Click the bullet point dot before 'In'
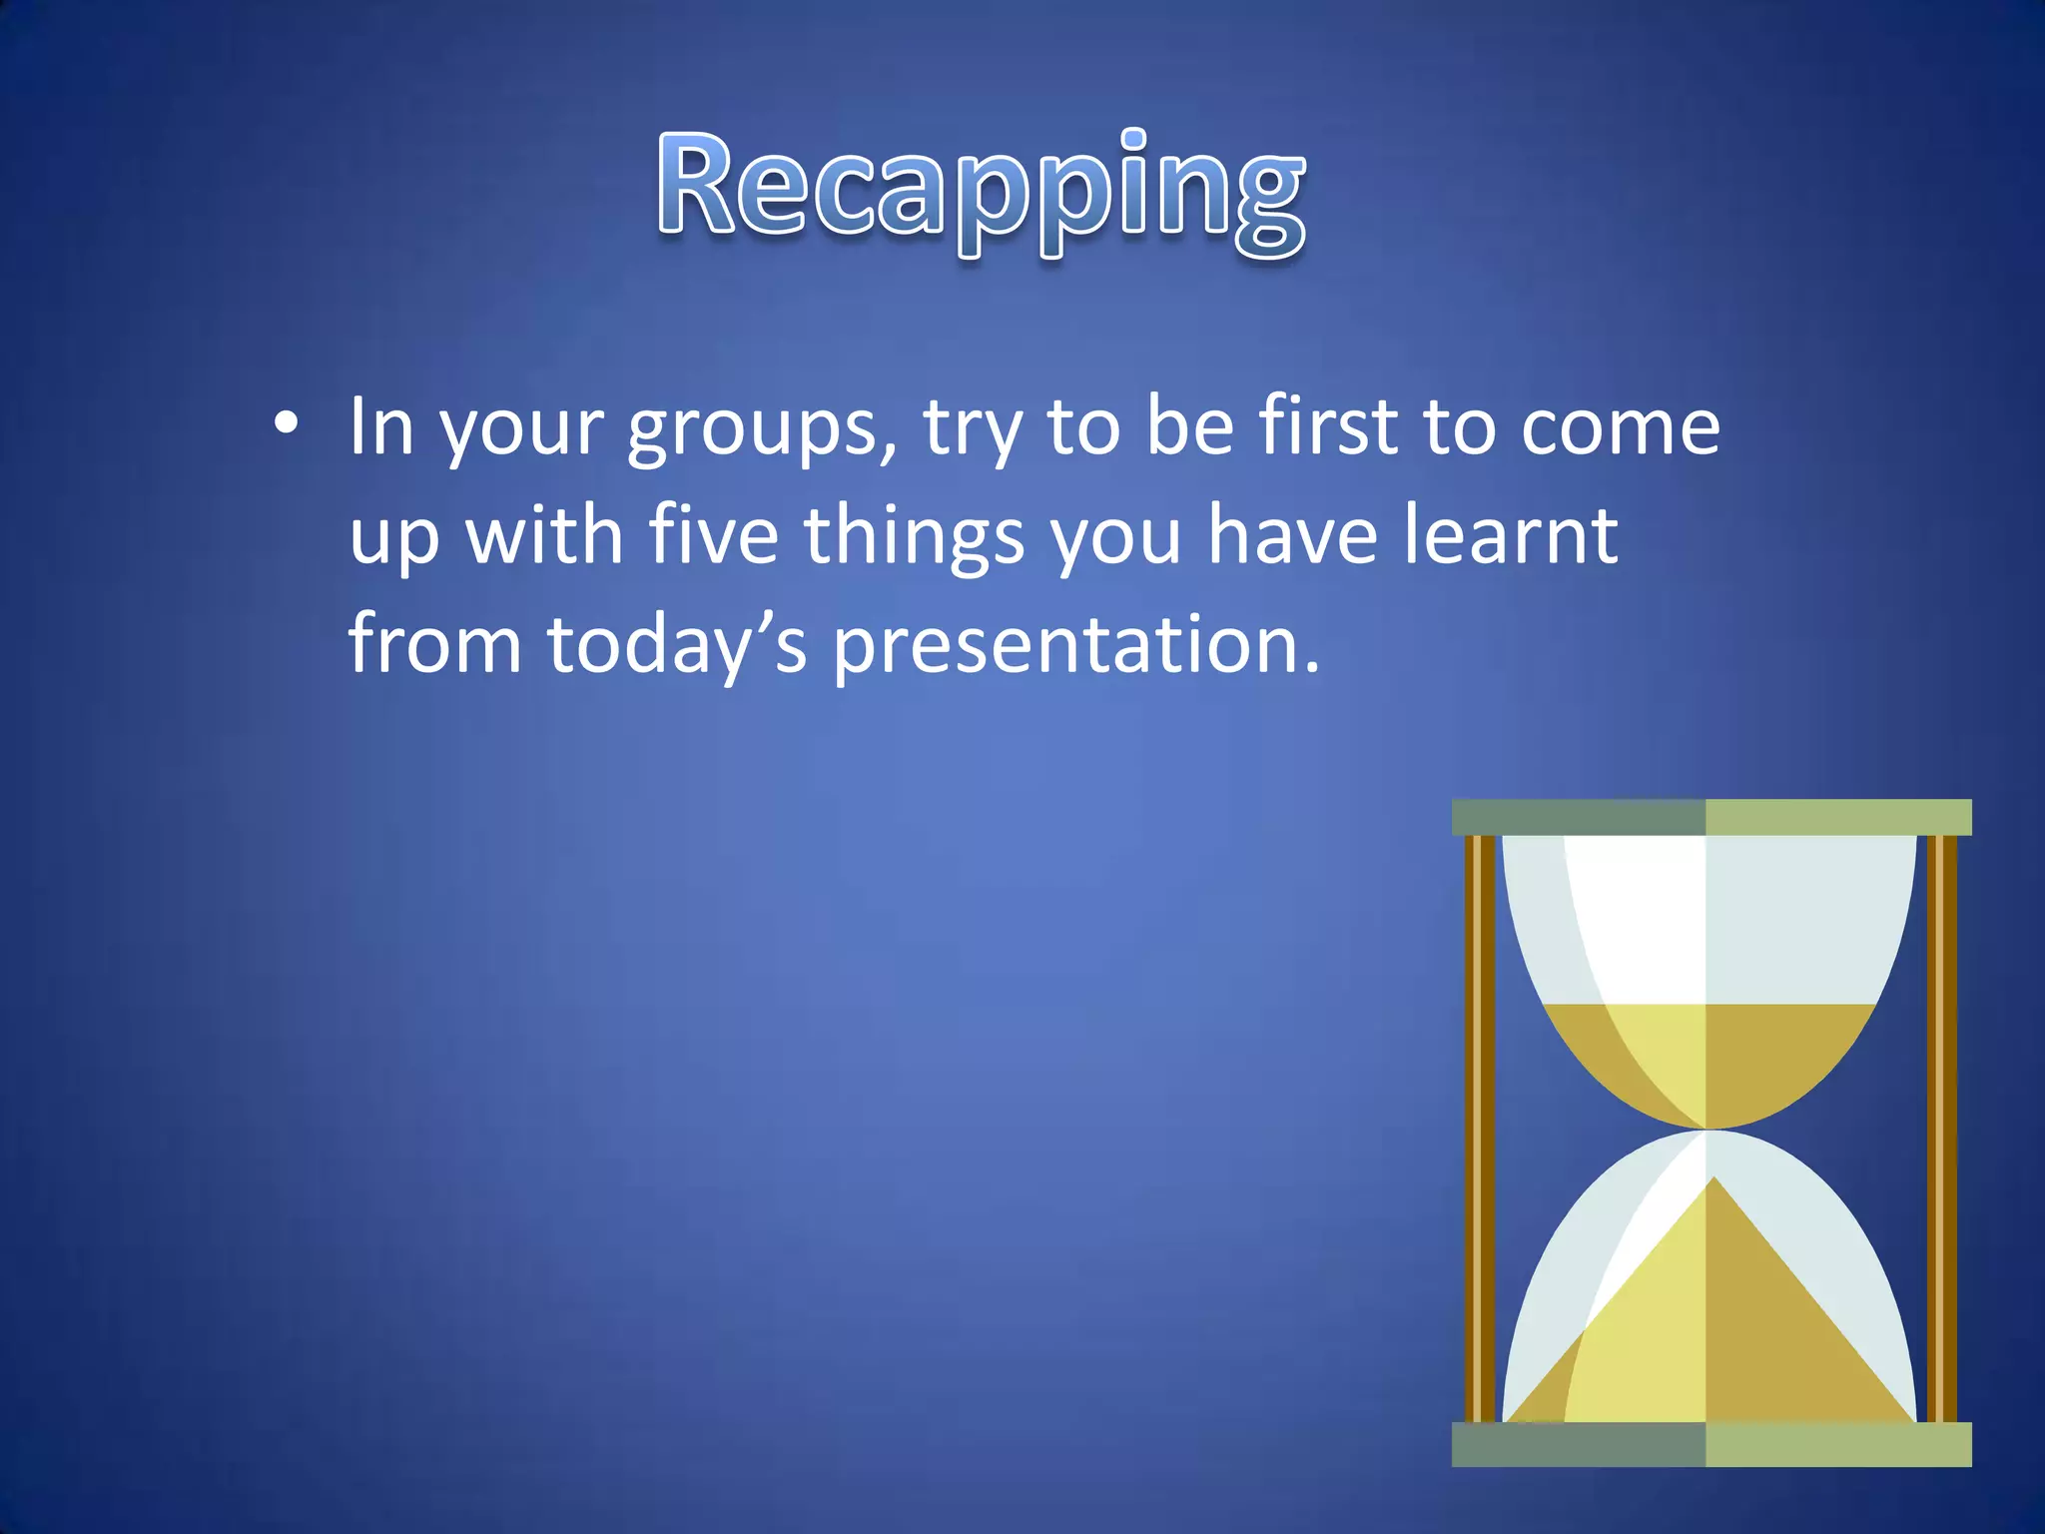[286, 425]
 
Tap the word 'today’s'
[677, 644]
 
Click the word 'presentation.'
[1076, 646]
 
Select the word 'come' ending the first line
[1620, 427]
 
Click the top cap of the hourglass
[1710, 817]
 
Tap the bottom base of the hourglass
[1710, 1444]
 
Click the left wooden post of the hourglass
[1479, 1129]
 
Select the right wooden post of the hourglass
[1941, 1129]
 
